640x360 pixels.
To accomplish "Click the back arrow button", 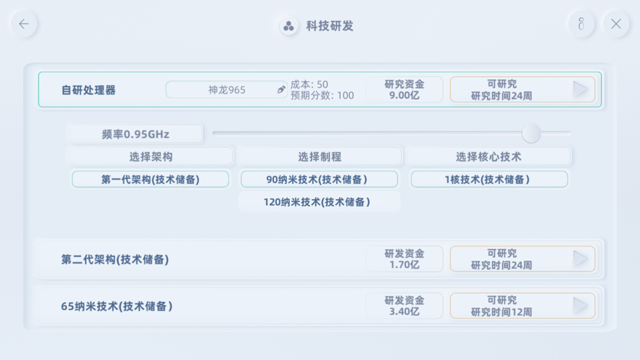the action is click(24, 24).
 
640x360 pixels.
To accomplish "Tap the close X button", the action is click(616, 24).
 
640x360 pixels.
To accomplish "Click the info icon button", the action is click(581, 24).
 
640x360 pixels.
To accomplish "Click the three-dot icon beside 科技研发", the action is click(288, 26).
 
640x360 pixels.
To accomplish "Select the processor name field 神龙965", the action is click(227, 90).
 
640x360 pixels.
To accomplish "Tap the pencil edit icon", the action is click(280, 90).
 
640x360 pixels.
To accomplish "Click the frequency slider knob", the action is click(531, 133).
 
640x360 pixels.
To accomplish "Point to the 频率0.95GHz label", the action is click(136, 134).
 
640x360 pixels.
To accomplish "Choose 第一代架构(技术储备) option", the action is click(150, 180).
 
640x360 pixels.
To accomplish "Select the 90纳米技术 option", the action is click(319, 180).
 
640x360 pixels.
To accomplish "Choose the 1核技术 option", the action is click(489, 180).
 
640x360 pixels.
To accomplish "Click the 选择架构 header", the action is click(151, 156).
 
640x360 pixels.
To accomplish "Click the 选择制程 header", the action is click(320, 156).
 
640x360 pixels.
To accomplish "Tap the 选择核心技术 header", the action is click(489, 156).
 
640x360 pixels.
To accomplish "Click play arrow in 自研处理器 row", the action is click(580, 89).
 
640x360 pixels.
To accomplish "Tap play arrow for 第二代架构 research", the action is click(580, 259).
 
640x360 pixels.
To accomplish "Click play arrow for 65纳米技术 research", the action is click(580, 306).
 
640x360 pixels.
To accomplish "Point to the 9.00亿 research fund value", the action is click(404, 96).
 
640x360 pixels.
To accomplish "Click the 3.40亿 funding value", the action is click(404, 312).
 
